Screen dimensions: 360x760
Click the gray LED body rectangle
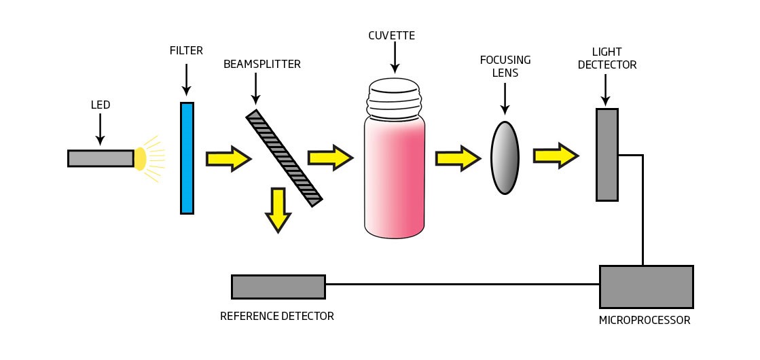[101, 158]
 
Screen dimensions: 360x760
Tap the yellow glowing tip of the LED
[140, 158]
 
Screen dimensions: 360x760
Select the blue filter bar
[187, 158]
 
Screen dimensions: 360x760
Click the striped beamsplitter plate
[284, 158]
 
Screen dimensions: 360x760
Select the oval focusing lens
[505, 158]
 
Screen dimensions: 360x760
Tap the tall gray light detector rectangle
[607, 155]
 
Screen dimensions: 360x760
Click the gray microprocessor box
[646, 287]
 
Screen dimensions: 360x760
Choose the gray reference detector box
[278, 287]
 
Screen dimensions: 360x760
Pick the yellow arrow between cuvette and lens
[457, 158]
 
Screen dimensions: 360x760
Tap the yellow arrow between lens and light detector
[555, 156]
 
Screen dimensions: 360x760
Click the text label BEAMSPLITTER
[261, 65]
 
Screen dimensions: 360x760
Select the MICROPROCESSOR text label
[645, 320]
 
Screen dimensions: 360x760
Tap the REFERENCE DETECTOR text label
[277, 316]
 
